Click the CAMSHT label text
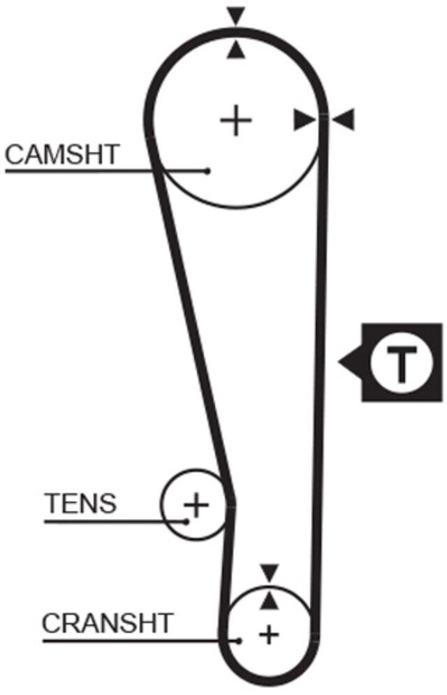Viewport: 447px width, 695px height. click(x=62, y=154)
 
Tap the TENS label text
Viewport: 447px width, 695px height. click(x=80, y=503)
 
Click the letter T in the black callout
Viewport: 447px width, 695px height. click(x=401, y=363)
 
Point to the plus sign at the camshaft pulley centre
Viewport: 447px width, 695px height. click(x=236, y=121)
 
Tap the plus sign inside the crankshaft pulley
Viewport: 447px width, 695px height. click(x=268, y=635)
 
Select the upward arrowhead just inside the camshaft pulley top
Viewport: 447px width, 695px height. click(x=237, y=49)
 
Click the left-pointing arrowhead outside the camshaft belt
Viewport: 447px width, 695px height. click(x=344, y=120)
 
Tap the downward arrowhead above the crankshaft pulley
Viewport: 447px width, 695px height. click(x=269, y=571)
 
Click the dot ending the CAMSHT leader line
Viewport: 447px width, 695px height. click(x=207, y=170)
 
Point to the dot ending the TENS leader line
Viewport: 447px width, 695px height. click(x=186, y=520)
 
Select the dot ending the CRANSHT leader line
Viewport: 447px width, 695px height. click(x=239, y=640)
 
